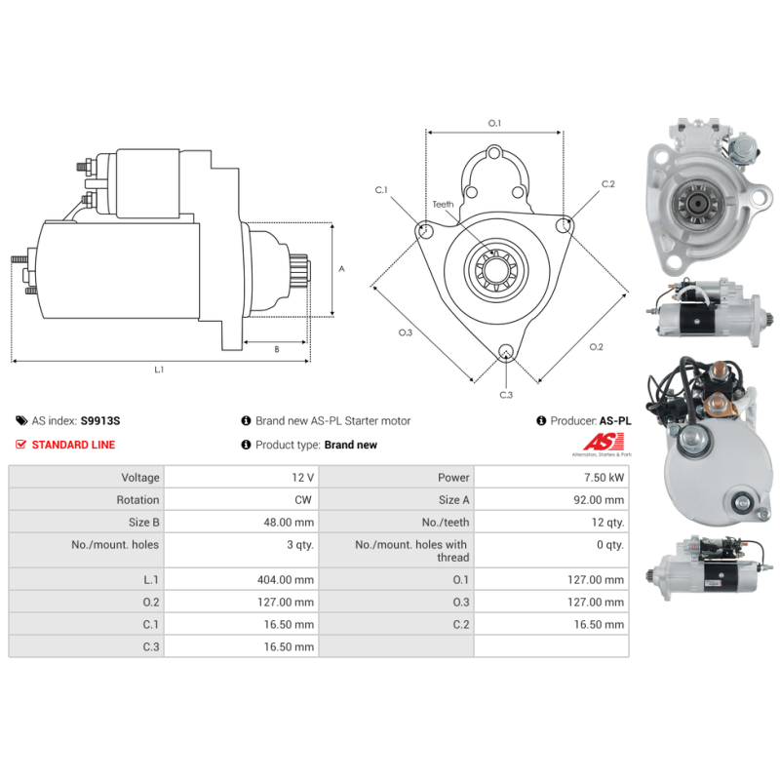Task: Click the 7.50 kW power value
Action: [x=605, y=478]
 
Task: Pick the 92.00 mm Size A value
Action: [x=601, y=500]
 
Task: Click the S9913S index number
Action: [x=100, y=421]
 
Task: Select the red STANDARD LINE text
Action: [x=73, y=445]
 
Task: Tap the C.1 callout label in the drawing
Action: [x=382, y=190]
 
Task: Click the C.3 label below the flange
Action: [x=506, y=395]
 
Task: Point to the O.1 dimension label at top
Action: [x=494, y=124]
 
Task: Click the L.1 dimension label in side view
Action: [x=159, y=370]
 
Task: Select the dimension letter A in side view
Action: [x=340, y=269]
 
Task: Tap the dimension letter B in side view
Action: [x=277, y=349]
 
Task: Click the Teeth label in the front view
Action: [x=444, y=205]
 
